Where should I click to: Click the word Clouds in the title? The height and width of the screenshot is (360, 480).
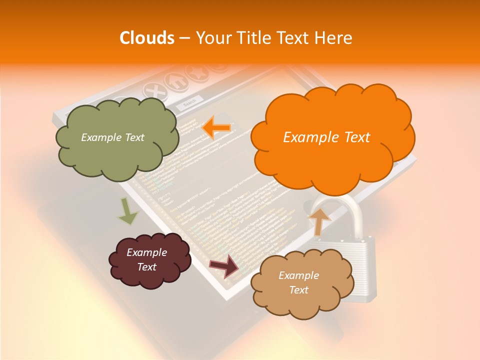tap(147, 38)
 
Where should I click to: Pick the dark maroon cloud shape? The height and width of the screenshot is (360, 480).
tap(149, 260)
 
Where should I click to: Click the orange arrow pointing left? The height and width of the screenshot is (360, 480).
tap(216, 128)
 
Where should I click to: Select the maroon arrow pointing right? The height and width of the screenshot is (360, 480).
tap(224, 265)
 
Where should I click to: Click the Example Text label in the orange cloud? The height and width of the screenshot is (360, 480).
tap(326, 137)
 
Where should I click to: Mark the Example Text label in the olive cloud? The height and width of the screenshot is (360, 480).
tap(112, 137)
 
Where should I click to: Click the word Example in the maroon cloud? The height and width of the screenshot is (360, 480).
tap(146, 252)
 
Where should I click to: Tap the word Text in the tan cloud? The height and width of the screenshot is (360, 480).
tap(298, 290)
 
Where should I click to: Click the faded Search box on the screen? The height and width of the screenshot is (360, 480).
tap(189, 103)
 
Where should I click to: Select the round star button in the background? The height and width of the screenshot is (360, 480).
tap(195, 74)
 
